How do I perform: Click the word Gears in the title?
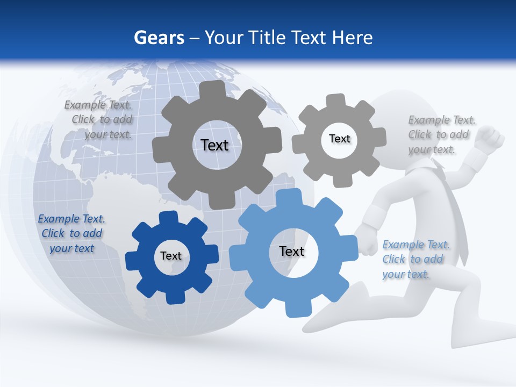(159, 38)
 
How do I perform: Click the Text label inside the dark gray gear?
(214, 145)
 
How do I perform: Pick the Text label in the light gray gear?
(339, 139)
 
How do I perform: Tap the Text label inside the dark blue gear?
(171, 256)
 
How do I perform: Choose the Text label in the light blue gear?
(292, 251)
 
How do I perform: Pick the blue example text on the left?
(71, 233)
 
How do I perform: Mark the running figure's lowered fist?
(368, 241)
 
